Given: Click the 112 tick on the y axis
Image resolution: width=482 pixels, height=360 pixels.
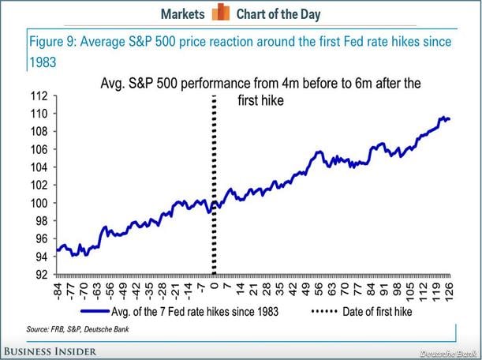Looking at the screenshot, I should tap(39, 96).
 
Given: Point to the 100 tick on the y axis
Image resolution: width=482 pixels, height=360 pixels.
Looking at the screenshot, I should tap(39, 203).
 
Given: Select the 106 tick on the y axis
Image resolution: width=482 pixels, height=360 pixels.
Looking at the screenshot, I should tap(39, 149).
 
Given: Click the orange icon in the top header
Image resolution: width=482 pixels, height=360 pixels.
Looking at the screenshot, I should tap(222, 13).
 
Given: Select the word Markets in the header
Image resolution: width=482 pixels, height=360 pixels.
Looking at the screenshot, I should tap(184, 13).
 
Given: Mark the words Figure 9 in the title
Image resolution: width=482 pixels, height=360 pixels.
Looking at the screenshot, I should tap(51, 40).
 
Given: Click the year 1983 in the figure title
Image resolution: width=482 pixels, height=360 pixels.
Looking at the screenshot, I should tap(43, 58).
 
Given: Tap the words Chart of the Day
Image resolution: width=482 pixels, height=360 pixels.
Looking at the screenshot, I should tap(278, 13).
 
